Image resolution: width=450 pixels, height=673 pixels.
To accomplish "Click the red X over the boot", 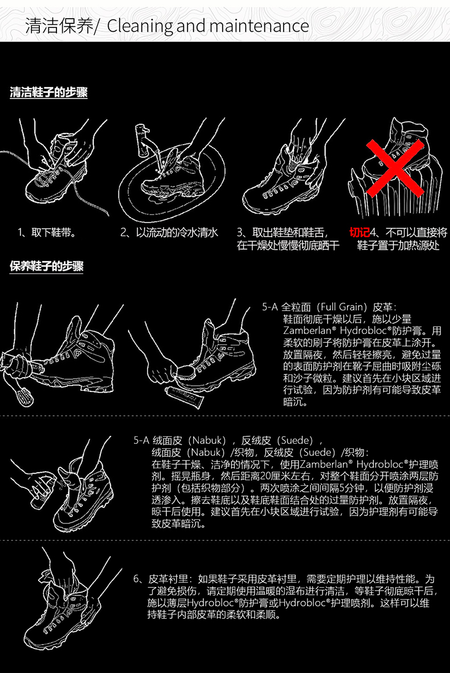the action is point(395,167).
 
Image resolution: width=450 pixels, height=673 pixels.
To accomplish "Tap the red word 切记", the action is point(359,233).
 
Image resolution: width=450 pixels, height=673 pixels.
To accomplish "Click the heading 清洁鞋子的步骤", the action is point(48,92).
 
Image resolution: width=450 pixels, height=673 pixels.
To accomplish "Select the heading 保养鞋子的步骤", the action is point(46,266).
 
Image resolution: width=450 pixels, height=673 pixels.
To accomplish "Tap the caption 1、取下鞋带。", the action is point(47,233).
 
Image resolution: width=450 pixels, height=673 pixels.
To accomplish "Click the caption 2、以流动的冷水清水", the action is point(169,233).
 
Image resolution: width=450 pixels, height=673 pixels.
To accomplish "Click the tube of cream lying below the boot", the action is point(183,396).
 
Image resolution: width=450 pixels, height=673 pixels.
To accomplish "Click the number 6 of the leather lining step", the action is point(136,579).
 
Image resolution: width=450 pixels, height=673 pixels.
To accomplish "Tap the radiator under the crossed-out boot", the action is point(394,189).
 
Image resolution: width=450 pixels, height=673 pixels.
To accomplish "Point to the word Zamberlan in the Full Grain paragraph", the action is point(307,331).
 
